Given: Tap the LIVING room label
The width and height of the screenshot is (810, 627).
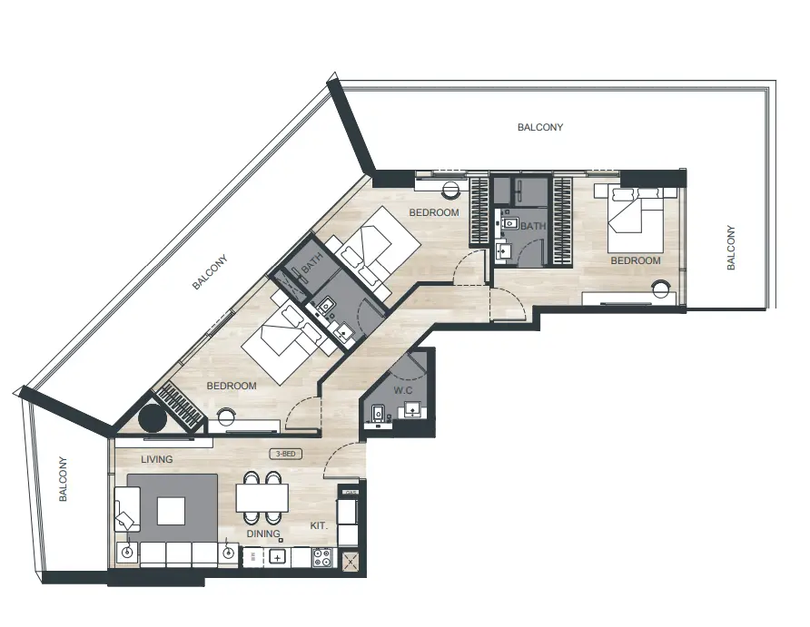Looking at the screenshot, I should point(156,459).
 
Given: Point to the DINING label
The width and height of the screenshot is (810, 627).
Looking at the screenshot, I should point(263,534).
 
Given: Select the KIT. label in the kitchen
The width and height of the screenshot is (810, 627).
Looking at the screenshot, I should point(319,525).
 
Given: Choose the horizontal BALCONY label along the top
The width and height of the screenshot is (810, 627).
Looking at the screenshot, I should point(540,128).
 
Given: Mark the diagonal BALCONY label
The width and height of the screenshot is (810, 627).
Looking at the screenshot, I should point(210,272).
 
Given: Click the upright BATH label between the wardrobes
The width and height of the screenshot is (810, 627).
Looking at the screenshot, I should point(532,226).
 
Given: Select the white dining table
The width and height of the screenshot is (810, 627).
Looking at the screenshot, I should point(262,498).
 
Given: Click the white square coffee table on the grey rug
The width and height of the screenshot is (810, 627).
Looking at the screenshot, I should point(171,510).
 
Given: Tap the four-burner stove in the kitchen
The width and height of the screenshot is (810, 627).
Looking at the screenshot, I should point(322,557).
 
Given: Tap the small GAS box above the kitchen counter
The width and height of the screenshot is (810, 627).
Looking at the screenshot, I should point(350,493).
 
